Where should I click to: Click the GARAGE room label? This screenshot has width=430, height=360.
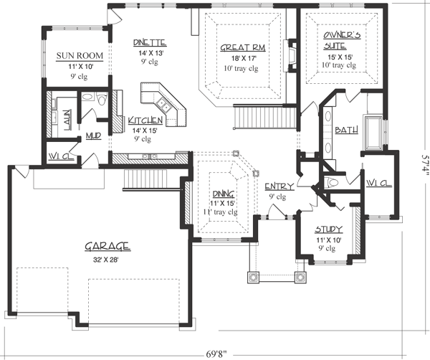click(107, 246)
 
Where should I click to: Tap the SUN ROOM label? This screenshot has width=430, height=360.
click(79, 55)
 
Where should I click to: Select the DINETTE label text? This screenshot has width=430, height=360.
click(149, 43)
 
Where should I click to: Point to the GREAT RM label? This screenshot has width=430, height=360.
click(244, 48)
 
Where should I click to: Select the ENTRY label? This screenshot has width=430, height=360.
click(278, 186)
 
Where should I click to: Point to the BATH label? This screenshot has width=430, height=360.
click(347, 130)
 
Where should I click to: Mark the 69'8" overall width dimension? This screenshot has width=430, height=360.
click(215, 351)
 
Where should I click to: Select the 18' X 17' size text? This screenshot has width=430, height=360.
click(244, 59)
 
